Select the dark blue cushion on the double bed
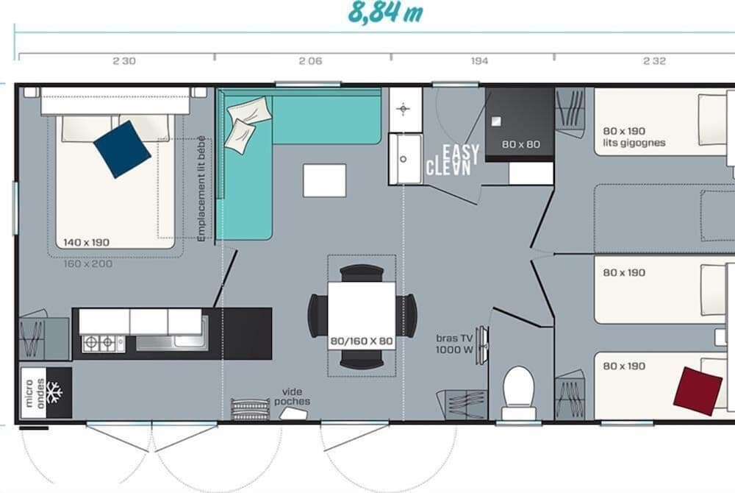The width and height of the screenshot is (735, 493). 122,149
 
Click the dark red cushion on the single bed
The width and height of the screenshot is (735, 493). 698,391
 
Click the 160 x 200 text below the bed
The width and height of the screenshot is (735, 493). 88,263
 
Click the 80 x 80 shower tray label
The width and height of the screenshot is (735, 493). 520,144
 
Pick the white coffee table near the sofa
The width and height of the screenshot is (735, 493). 324,180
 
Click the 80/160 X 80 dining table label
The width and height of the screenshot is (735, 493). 362,342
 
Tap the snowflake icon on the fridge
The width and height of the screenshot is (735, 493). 54,392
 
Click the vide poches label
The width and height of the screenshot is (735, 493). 292,397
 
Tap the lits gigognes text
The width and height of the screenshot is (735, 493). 634,143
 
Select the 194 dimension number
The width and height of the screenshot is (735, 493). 479,62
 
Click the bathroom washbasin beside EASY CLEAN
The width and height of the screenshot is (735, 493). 405,157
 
